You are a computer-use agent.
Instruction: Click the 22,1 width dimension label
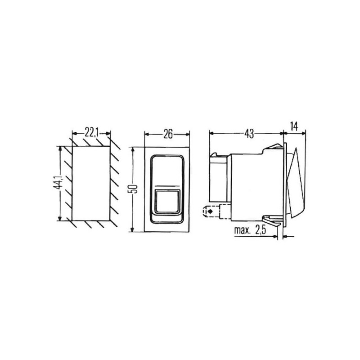[x=91, y=133]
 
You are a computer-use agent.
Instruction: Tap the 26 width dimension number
[x=168, y=134]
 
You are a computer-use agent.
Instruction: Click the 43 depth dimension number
[x=249, y=134]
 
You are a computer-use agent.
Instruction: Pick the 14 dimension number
[x=294, y=126]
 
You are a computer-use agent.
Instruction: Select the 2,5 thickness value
[x=261, y=230]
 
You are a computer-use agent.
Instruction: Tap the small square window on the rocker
[x=167, y=201]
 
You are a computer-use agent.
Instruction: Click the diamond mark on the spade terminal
[x=209, y=211]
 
